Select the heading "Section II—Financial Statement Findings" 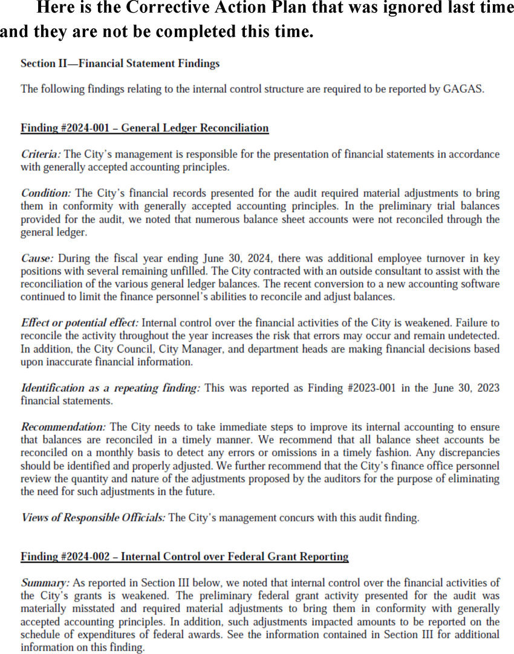pos(120,63)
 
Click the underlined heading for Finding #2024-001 pos(145,128)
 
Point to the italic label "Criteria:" pos(41,154)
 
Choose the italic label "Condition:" pos(46,193)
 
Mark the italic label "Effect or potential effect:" pos(80,323)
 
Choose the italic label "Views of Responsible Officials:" pos(93,518)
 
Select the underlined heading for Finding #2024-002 pos(184,557)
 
